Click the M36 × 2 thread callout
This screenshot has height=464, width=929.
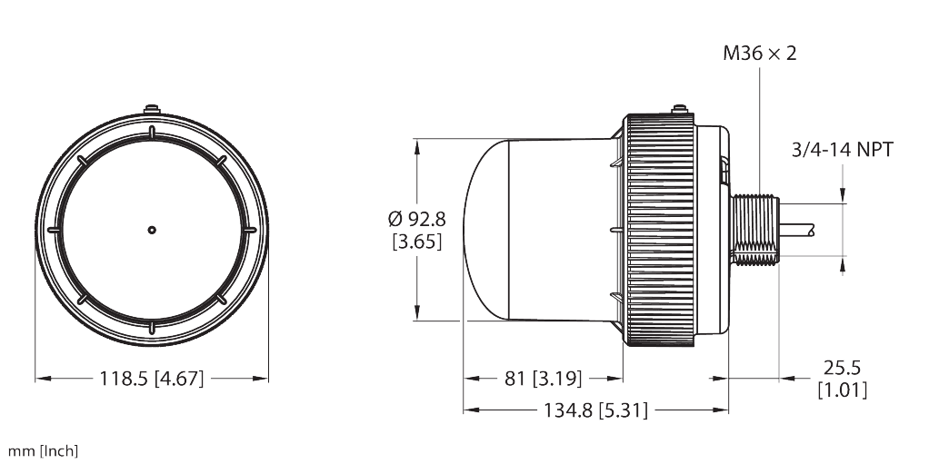(759, 54)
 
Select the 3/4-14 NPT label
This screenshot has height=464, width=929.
(839, 150)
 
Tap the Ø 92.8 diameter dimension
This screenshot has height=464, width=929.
(416, 219)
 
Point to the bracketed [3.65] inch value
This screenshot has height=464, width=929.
(416, 242)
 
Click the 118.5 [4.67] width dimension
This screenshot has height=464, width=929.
(152, 379)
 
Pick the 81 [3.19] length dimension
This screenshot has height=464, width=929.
(544, 378)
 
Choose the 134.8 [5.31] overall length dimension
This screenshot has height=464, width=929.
(595, 410)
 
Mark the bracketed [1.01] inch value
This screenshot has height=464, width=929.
(842, 390)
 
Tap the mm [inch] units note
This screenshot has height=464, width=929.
(43, 451)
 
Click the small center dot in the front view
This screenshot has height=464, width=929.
(152, 230)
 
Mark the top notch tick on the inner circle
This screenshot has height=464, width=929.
(152, 134)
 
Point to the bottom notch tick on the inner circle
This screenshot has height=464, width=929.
(152, 324)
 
